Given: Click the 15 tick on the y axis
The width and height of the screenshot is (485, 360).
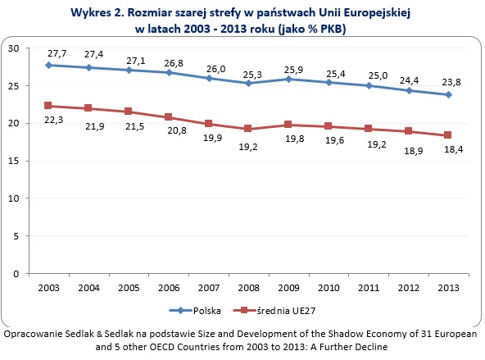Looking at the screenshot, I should click(14, 161).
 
